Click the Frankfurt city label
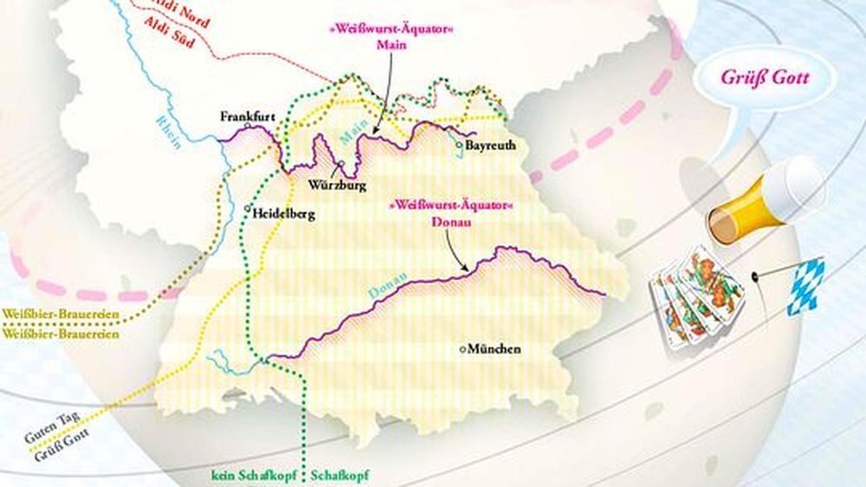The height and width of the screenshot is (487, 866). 248,115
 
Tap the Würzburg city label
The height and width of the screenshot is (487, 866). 337,185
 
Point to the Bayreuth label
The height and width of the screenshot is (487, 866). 490,146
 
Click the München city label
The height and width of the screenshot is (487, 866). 494,349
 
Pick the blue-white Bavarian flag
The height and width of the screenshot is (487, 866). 805,285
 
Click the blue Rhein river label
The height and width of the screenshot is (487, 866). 170,130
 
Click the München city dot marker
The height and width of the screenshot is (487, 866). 462,349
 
